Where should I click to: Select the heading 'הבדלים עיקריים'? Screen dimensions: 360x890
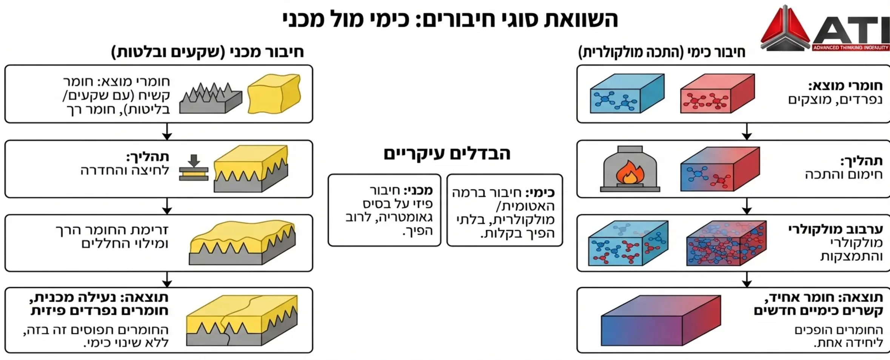click(x=447, y=154)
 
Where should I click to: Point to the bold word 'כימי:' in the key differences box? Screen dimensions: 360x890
click(x=540, y=193)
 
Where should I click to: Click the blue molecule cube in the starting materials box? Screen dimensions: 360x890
click(x=626, y=94)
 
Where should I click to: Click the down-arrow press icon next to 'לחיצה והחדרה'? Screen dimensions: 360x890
click(x=194, y=168)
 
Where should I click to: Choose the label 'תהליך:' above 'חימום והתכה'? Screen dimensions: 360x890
click(x=861, y=161)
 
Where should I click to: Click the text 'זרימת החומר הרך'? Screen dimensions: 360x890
click(x=112, y=229)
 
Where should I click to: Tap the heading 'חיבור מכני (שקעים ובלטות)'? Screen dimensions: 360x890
click(x=208, y=52)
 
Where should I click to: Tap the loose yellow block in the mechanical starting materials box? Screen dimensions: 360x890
click(x=274, y=94)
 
